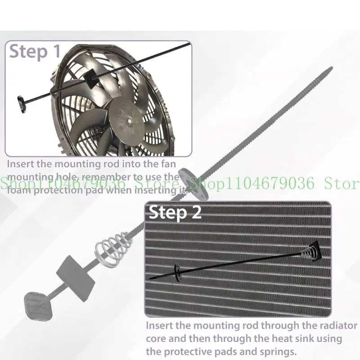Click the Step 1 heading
pyautogui.click(x=35, y=51)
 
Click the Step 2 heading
pyautogui.click(x=175, y=212)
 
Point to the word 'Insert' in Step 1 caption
pyautogui.click(x=20, y=165)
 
